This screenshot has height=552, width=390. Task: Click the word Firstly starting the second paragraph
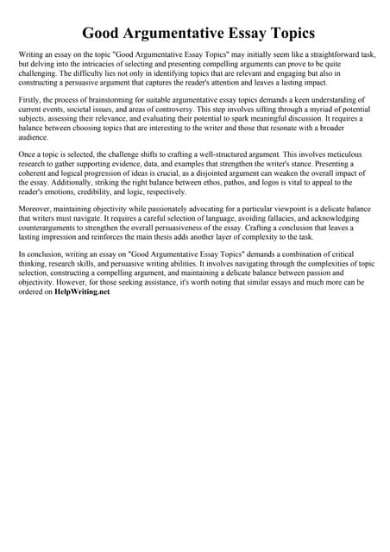coord(30,101)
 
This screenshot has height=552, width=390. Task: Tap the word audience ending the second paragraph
coord(33,138)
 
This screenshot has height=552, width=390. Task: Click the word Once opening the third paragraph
coord(28,153)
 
